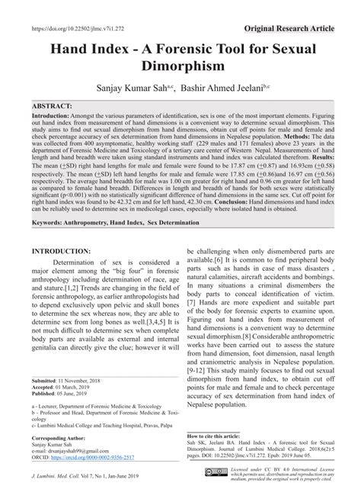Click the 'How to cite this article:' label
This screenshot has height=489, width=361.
tap(222, 437)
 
